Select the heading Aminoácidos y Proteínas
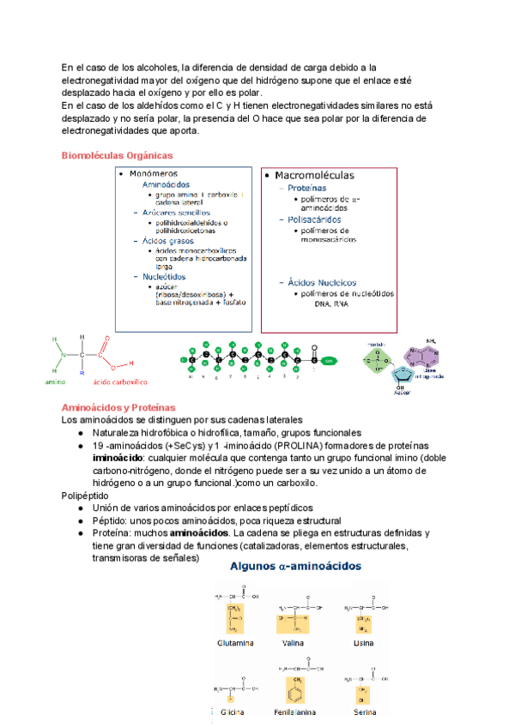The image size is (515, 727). (x=118, y=406)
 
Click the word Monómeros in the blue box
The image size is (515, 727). (x=154, y=174)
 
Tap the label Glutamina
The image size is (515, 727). (x=235, y=640)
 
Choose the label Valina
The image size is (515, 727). (x=294, y=640)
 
